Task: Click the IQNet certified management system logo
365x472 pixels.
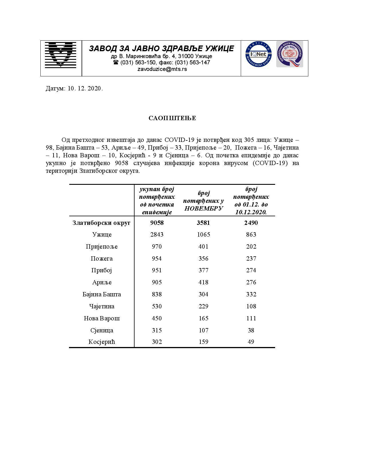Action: [258, 54]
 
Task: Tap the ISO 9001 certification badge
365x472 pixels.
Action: [289, 54]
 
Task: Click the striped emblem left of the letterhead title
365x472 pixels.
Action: [60, 54]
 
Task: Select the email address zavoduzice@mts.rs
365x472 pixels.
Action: [162, 69]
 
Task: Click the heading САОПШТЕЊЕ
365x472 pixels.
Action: [172, 118]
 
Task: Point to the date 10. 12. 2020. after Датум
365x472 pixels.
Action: [85, 88]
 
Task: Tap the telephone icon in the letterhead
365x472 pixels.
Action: [116, 62]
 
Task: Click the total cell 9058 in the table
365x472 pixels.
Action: [157, 223]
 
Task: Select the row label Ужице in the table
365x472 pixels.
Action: [102, 235]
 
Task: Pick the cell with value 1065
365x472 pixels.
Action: [204, 235]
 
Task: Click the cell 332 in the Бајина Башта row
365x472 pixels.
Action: [251, 294]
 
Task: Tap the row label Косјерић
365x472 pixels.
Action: [102, 342]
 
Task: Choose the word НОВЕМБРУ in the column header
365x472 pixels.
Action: [204, 208]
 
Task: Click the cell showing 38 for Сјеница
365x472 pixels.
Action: [251, 330]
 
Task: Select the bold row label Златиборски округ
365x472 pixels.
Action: [102, 223]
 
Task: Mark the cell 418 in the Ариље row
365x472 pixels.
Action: [204, 282]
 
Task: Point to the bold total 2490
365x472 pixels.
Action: [251, 223]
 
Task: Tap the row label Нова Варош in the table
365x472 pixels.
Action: [102, 318]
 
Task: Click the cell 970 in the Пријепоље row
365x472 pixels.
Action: [157, 247]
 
